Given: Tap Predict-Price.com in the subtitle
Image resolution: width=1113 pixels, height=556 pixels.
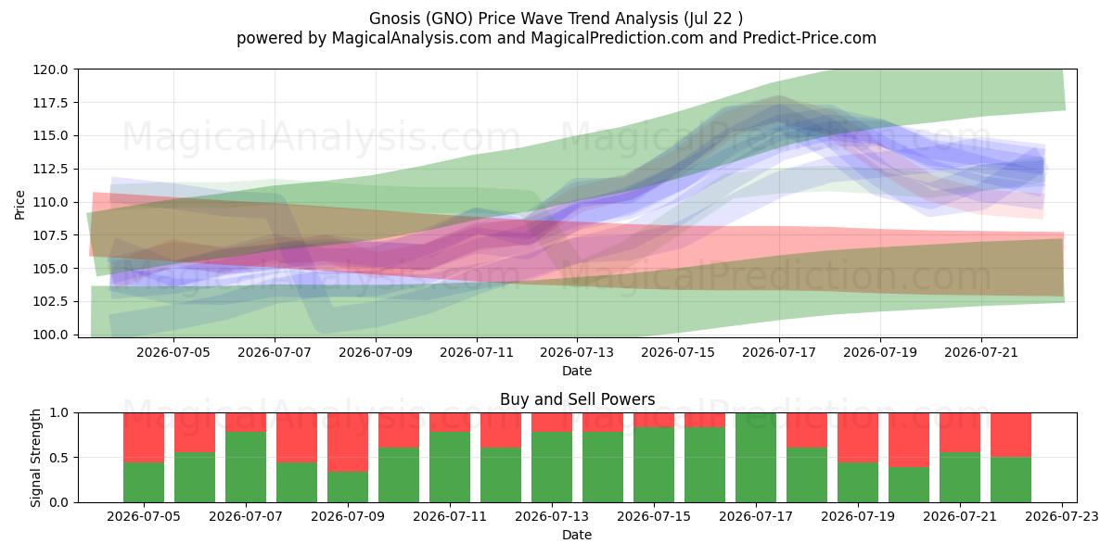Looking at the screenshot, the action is (x=810, y=38).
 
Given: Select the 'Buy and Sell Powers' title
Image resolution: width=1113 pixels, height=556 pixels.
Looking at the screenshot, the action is (x=577, y=399).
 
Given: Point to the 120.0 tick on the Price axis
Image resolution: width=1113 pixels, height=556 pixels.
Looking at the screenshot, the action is (x=51, y=69).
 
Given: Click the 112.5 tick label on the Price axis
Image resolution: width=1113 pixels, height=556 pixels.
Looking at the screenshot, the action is (x=51, y=169).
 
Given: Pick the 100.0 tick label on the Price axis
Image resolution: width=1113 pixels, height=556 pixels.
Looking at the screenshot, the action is (x=51, y=335).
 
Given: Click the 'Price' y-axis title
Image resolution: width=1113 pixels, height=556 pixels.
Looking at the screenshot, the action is (x=19, y=205).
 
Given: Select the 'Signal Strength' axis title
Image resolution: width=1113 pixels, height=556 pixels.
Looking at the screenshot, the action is (x=35, y=458).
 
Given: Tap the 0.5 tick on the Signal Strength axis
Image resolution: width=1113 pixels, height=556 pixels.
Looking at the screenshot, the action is (x=60, y=457).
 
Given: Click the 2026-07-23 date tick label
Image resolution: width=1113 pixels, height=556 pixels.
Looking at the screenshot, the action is (x=1062, y=517).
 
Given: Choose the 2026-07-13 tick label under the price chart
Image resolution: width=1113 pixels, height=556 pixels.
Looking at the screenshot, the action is (x=577, y=352).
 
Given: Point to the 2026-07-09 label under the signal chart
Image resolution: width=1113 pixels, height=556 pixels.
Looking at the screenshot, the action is (x=348, y=517).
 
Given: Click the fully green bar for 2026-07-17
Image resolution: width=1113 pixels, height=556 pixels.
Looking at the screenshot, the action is (x=756, y=458).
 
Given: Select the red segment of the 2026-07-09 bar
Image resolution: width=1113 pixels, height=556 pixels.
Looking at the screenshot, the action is (x=348, y=442).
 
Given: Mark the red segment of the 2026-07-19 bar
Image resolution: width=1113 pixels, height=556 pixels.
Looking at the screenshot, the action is (x=858, y=437).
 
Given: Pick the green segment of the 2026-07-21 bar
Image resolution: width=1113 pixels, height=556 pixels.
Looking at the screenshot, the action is (x=960, y=477).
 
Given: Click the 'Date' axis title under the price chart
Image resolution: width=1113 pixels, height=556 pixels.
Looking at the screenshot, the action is (x=577, y=371).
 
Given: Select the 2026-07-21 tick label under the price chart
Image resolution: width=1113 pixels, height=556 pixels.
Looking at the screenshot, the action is (x=981, y=352).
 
